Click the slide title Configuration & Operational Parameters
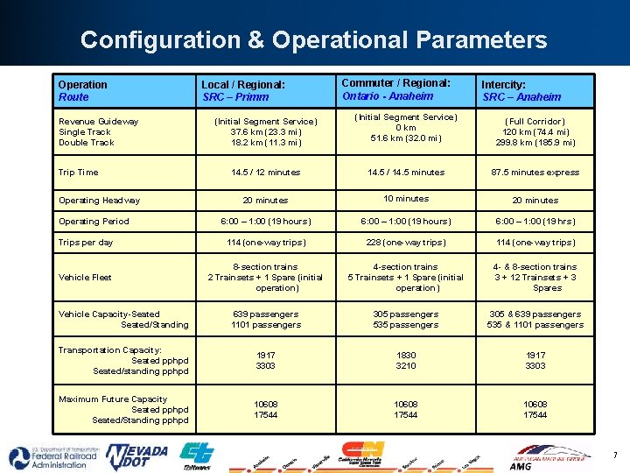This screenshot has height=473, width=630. [313, 40]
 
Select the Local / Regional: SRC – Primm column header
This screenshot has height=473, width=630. [243, 91]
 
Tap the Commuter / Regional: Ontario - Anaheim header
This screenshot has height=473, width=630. [395, 89]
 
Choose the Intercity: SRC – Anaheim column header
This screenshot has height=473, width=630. [521, 91]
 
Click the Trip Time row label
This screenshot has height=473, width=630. [79, 173]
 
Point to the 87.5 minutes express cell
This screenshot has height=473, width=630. [535, 173]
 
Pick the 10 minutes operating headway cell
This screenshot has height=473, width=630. [406, 199]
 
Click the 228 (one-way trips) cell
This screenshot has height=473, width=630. [406, 243]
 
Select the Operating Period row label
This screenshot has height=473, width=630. [94, 222]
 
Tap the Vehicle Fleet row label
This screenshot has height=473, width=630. [85, 278]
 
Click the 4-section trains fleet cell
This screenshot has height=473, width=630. [406, 277]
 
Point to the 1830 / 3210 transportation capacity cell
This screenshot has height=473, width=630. [406, 361]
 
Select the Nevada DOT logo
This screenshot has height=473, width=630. [136, 456]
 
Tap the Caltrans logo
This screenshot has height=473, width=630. [196, 455]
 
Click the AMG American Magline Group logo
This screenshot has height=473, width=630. [550, 457]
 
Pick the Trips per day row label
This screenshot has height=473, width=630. [86, 243]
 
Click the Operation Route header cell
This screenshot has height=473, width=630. [83, 91]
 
